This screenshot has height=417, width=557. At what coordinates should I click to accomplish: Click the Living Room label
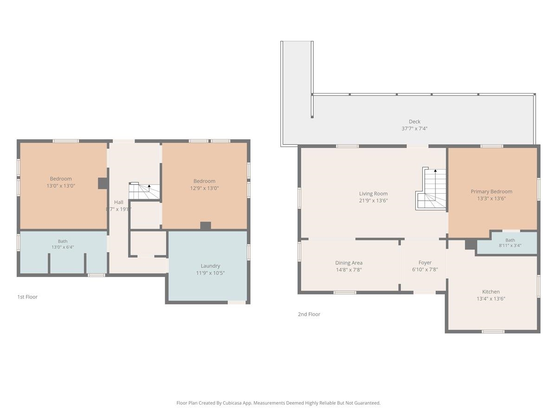pyautogui.click(x=373, y=194)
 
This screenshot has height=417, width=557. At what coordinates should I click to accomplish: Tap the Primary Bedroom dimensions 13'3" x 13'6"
pyautogui.click(x=491, y=198)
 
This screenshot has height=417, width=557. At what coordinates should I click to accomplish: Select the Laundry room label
pyautogui.click(x=210, y=266)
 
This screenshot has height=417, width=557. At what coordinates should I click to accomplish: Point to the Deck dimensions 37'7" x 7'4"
pyautogui.click(x=415, y=129)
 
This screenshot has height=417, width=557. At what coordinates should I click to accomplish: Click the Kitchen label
pyautogui.click(x=491, y=292)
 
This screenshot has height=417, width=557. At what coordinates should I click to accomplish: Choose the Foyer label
pyautogui.click(x=425, y=263)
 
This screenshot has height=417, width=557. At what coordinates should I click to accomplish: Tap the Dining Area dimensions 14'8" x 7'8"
pyautogui.click(x=349, y=270)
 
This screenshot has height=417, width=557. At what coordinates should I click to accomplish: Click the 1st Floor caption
pyautogui.click(x=27, y=297)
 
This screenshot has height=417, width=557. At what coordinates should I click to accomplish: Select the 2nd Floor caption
pyautogui.click(x=309, y=314)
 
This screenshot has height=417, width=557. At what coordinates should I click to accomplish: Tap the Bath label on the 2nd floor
pyautogui.click(x=510, y=240)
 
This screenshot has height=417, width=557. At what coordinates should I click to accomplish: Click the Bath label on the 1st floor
pyautogui.click(x=63, y=241)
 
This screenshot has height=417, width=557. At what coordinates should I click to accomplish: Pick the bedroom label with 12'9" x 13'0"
pyautogui.click(x=204, y=181)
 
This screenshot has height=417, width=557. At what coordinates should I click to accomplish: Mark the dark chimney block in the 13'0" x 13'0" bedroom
pyautogui.click(x=103, y=183)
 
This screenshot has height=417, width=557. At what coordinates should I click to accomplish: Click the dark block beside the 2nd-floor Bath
pyautogui.click(x=471, y=244)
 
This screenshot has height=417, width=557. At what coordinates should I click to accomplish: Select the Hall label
pyautogui.click(x=118, y=202)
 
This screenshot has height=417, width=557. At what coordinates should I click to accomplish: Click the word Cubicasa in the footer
pyautogui.click(x=233, y=403)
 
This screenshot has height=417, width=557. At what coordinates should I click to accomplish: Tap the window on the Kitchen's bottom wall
pyautogui.click(x=493, y=331)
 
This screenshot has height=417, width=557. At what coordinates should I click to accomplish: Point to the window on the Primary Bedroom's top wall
pyautogui.click(x=492, y=146)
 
